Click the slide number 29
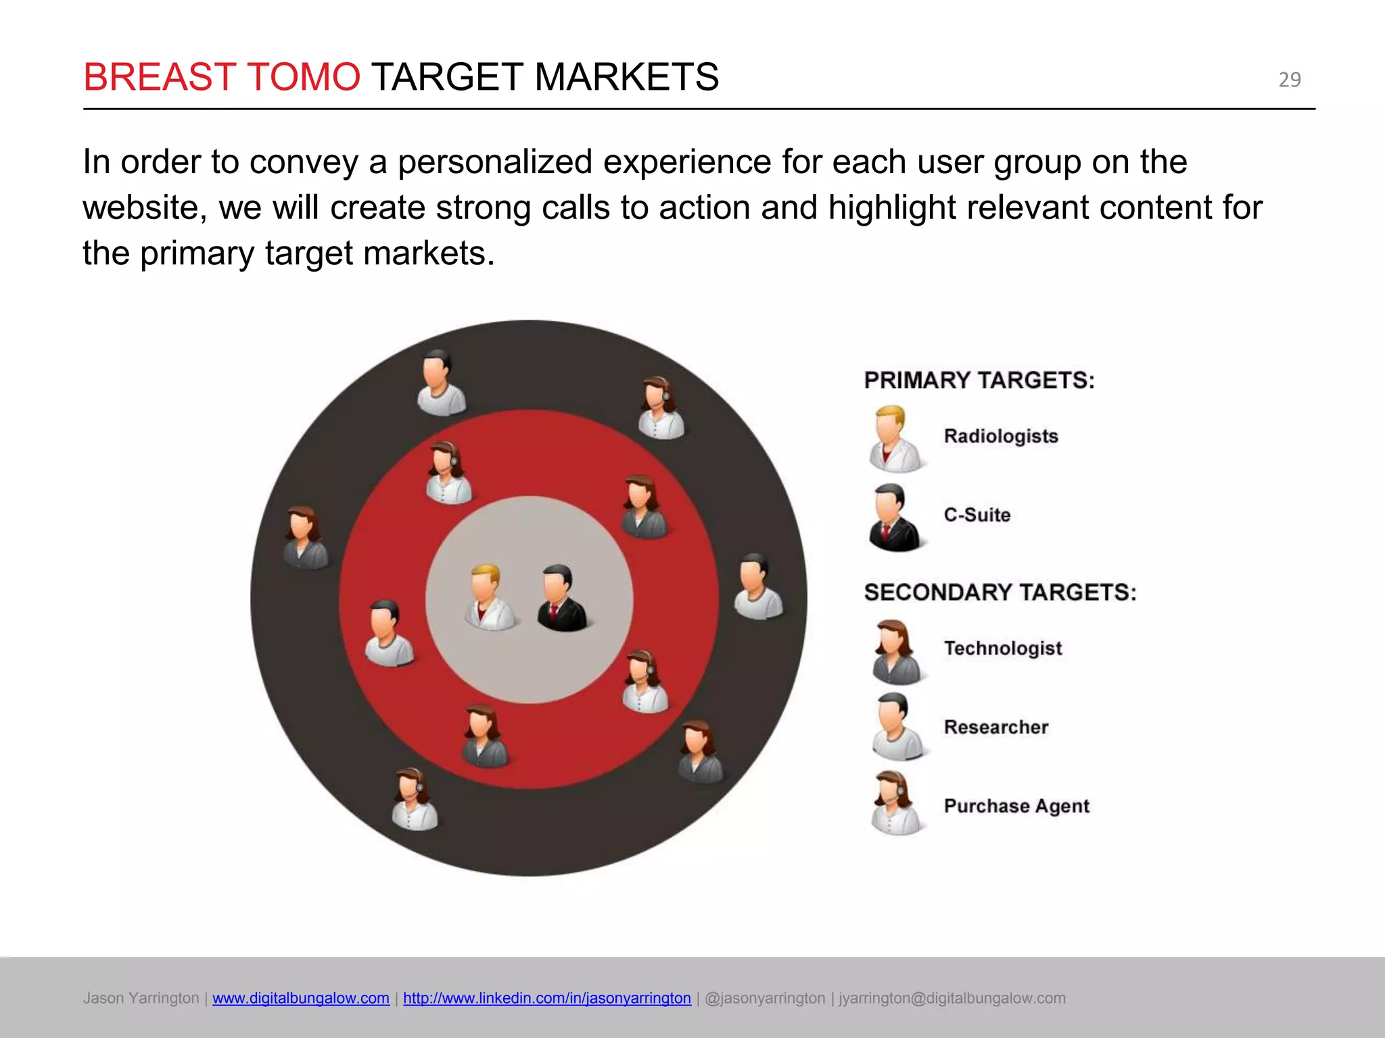(1289, 80)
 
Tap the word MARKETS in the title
(626, 77)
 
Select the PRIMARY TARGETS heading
(979, 380)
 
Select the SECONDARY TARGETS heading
(1000, 593)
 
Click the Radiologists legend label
(1000, 437)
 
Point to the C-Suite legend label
(977, 515)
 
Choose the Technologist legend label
(1002, 649)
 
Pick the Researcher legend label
(995, 727)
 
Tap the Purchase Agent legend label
(1016, 806)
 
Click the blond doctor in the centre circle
(488, 597)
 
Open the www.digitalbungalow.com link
(300, 998)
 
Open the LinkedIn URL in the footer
(546, 998)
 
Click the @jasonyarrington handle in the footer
(764, 998)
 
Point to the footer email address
(952, 998)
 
